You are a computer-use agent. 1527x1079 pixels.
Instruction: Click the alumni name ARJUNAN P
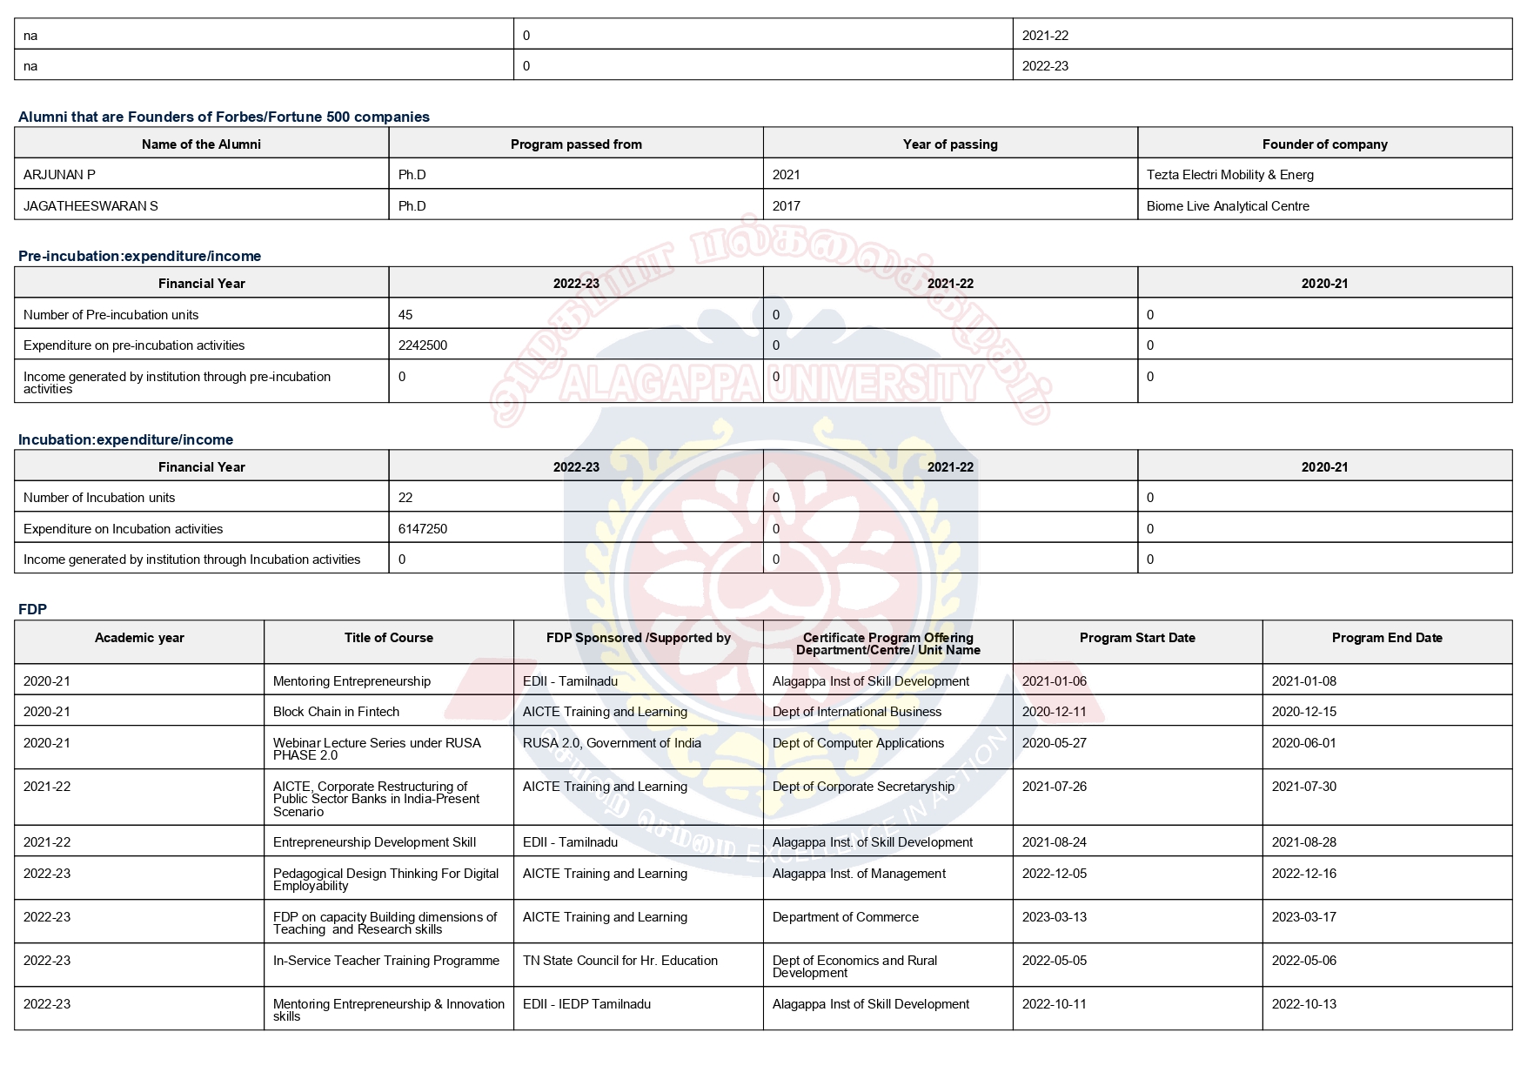click(59, 175)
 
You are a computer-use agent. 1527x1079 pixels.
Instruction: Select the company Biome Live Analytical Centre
click(1227, 206)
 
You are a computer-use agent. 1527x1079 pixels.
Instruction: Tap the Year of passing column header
click(949, 144)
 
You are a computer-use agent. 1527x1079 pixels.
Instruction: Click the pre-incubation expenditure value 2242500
click(423, 345)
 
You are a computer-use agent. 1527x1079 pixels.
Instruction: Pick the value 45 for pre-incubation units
click(405, 315)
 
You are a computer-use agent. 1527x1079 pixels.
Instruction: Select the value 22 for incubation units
click(405, 498)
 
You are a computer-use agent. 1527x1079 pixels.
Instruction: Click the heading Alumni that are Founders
click(224, 117)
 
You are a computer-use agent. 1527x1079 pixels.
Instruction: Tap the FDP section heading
click(32, 609)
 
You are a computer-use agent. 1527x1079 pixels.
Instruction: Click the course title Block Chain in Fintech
click(336, 712)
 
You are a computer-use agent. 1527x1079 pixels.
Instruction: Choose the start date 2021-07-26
click(1054, 787)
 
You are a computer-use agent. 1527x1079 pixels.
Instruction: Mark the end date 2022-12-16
click(1303, 874)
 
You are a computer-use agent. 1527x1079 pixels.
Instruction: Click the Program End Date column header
click(1386, 638)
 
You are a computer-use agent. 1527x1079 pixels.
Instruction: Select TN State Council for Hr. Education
click(620, 961)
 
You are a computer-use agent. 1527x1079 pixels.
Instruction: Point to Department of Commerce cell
click(845, 917)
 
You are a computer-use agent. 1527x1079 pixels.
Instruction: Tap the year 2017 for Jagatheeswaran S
click(786, 206)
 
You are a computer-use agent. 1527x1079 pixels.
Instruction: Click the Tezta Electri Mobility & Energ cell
click(1229, 175)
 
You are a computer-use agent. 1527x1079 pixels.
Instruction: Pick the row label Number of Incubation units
click(99, 498)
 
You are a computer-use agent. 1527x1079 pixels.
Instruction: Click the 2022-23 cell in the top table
click(1045, 66)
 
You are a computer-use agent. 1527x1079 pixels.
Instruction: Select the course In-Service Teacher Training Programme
click(385, 961)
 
